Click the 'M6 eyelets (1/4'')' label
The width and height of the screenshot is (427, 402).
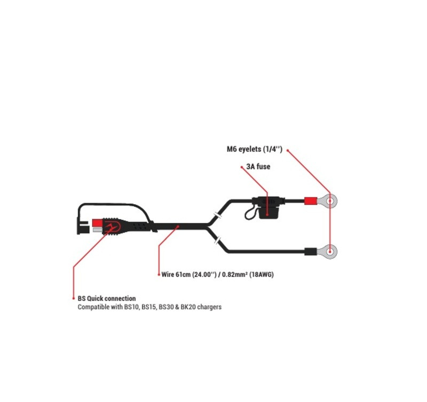tap(255, 149)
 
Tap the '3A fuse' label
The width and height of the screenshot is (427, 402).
tap(258, 166)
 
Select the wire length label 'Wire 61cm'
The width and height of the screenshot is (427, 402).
tap(176, 275)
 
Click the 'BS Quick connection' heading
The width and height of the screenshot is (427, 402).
tap(106, 299)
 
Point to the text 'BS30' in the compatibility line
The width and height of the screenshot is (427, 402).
tap(166, 307)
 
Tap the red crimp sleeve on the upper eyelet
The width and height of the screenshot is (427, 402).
tap(311, 201)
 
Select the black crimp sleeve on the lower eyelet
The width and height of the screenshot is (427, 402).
tap(311, 251)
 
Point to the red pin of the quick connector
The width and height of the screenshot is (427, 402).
tap(97, 223)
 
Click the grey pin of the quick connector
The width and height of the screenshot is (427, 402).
tap(98, 230)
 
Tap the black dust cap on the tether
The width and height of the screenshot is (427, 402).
tap(83, 228)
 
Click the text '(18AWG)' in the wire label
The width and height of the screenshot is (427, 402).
tap(262, 275)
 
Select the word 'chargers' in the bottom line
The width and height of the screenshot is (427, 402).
tap(209, 307)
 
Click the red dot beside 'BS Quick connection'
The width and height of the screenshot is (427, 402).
tap(74, 299)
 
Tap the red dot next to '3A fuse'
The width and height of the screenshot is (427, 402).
tap(242, 167)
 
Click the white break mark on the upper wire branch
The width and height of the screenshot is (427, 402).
tap(217, 215)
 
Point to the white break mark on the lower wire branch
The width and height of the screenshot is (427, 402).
tap(217, 240)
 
